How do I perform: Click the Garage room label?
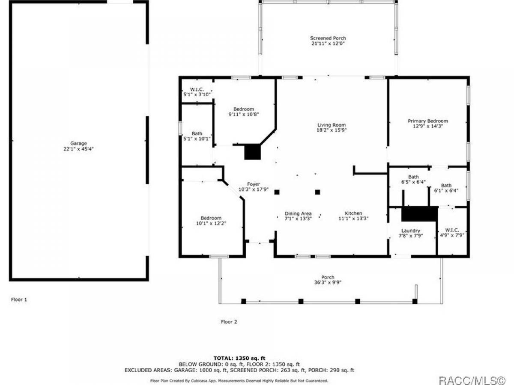(x=78, y=143)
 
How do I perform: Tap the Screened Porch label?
(x=328, y=38)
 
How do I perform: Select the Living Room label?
(x=332, y=125)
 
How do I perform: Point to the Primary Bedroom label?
(x=428, y=121)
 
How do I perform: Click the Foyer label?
(x=254, y=184)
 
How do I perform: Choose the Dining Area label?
(x=298, y=213)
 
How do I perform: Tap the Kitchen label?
(x=353, y=213)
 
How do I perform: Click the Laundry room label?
(x=411, y=231)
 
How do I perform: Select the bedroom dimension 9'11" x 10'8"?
(x=244, y=114)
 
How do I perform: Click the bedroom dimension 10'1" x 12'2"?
(x=211, y=223)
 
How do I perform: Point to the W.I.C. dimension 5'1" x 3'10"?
(x=197, y=95)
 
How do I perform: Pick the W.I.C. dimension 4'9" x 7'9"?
(x=452, y=235)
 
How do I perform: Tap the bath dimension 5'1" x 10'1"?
(x=197, y=139)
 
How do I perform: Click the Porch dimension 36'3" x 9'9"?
(x=328, y=282)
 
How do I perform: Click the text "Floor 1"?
(x=19, y=299)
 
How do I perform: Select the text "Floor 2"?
(x=229, y=322)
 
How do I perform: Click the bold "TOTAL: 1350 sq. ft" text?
(x=239, y=358)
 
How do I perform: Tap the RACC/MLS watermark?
(x=472, y=380)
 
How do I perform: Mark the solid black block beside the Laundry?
(x=419, y=213)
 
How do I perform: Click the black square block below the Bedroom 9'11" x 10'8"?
(x=252, y=152)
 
